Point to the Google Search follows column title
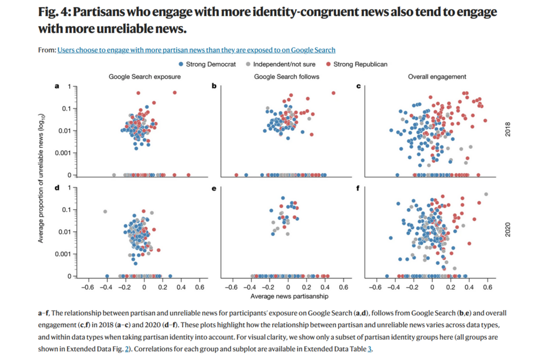287,76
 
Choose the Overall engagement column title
437,76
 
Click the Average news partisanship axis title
287,296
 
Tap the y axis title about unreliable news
41,181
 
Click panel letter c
358,86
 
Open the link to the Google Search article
196,50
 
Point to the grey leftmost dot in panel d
105,211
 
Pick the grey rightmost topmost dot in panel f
486,194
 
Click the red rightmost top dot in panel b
333,93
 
